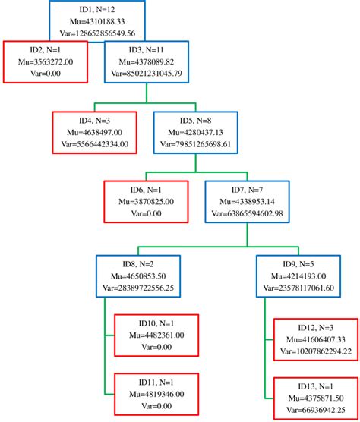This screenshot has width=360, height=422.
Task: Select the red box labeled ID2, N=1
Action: tap(45, 61)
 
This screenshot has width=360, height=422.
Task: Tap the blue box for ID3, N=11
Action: tap(147, 61)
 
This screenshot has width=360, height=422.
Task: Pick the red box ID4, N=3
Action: tap(95, 131)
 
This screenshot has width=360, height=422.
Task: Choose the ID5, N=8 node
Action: tap(196, 131)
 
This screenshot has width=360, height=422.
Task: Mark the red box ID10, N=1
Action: tap(157, 333)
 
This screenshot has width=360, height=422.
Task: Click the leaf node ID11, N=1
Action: tap(157, 393)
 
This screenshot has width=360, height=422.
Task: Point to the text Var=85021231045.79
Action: tap(147, 74)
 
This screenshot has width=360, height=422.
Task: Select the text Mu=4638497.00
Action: tap(95, 131)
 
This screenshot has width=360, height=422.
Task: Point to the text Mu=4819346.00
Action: tap(157, 393)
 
